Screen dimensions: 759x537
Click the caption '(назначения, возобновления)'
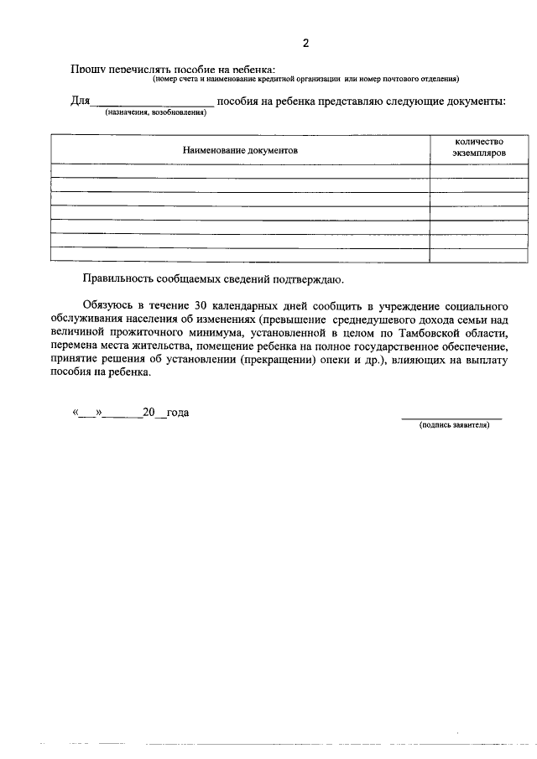[154, 112]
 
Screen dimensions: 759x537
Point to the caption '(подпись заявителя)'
[453, 425]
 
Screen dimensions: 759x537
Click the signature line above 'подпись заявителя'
[451, 417]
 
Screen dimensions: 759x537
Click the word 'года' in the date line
[177, 412]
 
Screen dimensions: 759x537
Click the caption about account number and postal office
[305, 80]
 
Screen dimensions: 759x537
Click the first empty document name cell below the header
[240, 171]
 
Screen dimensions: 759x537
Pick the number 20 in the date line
[149, 412]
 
